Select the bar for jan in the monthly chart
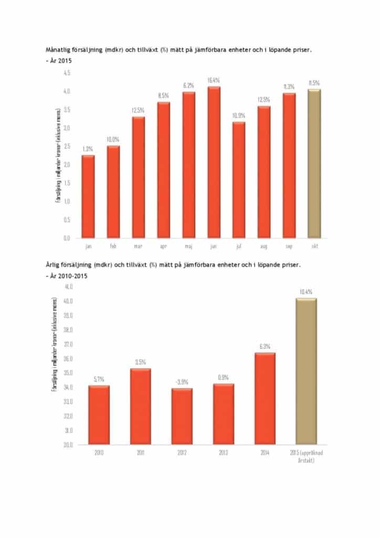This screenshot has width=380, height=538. (88, 196)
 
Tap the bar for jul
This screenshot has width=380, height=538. (239, 180)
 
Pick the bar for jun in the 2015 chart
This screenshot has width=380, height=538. (214, 162)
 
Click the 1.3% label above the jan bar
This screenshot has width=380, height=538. (88, 150)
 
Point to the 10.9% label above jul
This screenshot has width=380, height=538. (239, 116)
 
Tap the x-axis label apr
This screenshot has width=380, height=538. (164, 245)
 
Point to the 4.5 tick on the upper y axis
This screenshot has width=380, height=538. (67, 74)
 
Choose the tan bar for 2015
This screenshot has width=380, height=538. (307, 371)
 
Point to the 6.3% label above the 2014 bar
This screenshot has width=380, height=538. (265, 347)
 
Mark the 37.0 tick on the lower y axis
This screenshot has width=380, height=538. (68, 345)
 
